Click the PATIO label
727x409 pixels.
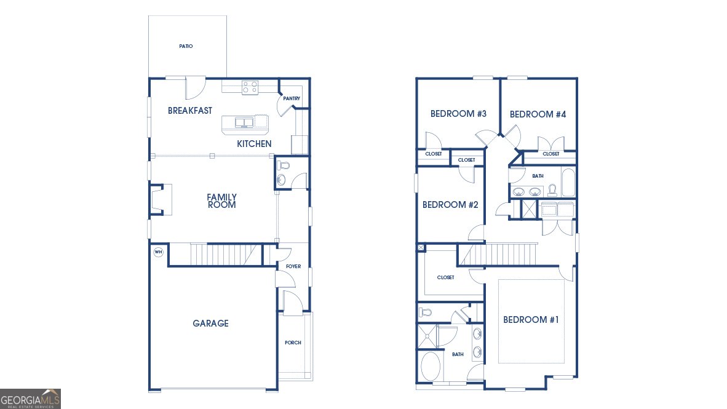point(186,46)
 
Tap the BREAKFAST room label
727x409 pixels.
point(190,111)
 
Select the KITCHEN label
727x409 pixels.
point(254,144)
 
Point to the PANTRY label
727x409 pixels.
point(292,99)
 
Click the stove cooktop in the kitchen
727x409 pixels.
point(250,87)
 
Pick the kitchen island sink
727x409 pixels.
point(244,122)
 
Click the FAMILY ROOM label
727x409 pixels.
point(221,201)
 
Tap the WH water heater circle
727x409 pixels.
point(159,252)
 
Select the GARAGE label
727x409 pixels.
point(210,324)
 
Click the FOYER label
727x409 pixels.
point(293,267)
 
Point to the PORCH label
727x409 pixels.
point(293,343)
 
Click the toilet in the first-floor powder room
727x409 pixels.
point(283,165)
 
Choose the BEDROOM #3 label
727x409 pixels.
point(459,114)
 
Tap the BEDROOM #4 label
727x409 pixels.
point(538,114)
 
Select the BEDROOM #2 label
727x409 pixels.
point(450,205)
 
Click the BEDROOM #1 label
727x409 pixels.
point(531,320)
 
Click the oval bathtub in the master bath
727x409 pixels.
point(431,367)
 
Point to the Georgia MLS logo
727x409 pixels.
point(30,399)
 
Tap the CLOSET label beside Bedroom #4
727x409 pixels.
point(551,154)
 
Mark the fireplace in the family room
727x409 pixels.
point(161,199)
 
